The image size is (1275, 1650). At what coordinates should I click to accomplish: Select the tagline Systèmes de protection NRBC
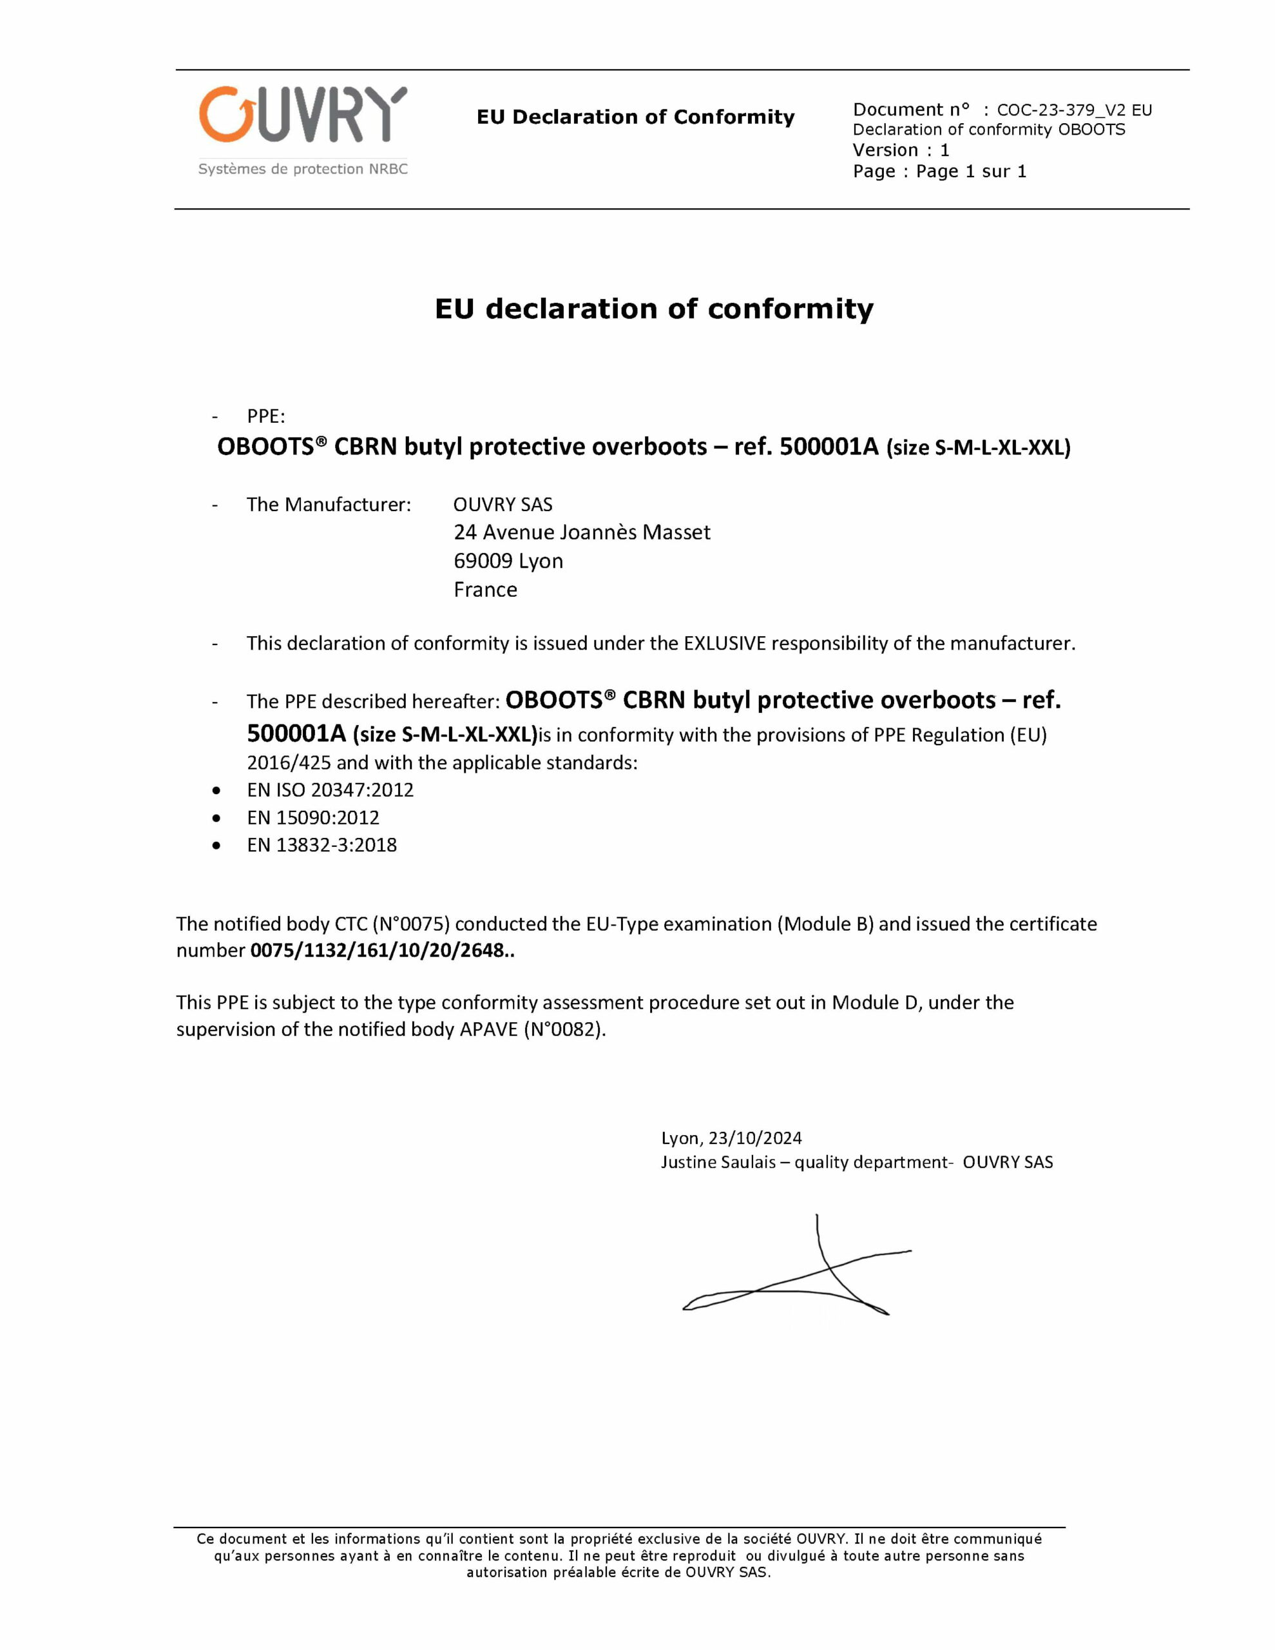point(302,170)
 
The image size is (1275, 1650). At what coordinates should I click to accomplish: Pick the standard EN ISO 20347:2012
point(330,790)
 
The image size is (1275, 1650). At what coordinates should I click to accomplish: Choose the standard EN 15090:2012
point(312,817)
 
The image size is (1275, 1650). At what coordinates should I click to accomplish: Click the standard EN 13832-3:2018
point(321,844)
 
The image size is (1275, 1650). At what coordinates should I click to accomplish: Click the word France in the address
point(485,590)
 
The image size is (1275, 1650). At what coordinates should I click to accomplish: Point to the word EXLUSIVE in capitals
point(724,644)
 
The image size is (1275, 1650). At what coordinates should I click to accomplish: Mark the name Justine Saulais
point(718,1162)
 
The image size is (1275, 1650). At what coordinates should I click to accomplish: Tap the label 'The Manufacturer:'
point(329,505)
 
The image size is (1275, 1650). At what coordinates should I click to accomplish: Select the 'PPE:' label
point(266,416)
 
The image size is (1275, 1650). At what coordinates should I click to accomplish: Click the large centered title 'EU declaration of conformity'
point(654,309)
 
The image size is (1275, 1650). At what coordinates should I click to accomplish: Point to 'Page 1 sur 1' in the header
point(971,171)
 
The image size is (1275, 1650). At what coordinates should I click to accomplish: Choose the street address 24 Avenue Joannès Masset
point(582,532)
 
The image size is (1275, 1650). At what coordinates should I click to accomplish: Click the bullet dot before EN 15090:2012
point(216,818)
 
